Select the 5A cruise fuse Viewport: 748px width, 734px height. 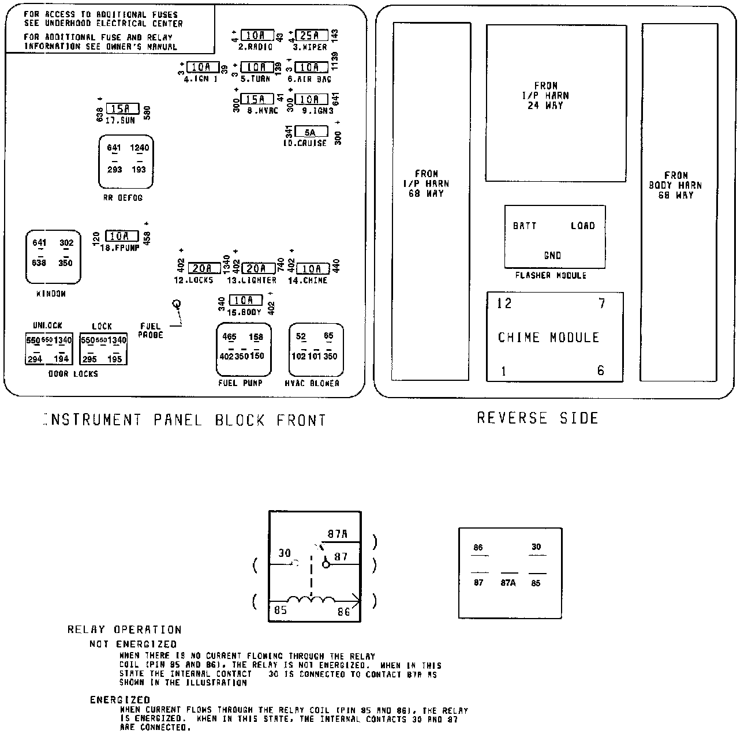(x=311, y=132)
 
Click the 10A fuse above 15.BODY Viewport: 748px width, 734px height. (x=245, y=300)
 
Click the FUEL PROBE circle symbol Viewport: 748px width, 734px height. (x=177, y=304)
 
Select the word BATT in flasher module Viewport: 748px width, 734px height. (x=525, y=226)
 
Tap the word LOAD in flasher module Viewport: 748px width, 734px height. (x=582, y=226)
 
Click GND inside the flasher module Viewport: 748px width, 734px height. (x=552, y=255)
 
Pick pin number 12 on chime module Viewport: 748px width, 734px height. (x=504, y=304)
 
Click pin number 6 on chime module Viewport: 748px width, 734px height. (x=601, y=371)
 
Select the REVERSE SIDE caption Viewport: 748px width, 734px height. (x=537, y=418)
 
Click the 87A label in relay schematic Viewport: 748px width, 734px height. (x=337, y=534)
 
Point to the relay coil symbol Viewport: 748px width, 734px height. (x=311, y=601)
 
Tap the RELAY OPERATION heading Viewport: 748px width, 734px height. (x=124, y=630)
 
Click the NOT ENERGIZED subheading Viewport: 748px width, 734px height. (x=133, y=644)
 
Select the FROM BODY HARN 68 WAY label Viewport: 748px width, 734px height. (x=675, y=185)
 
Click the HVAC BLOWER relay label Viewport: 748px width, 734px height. (x=312, y=383)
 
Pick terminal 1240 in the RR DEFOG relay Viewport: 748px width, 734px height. (x=139, y=148)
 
